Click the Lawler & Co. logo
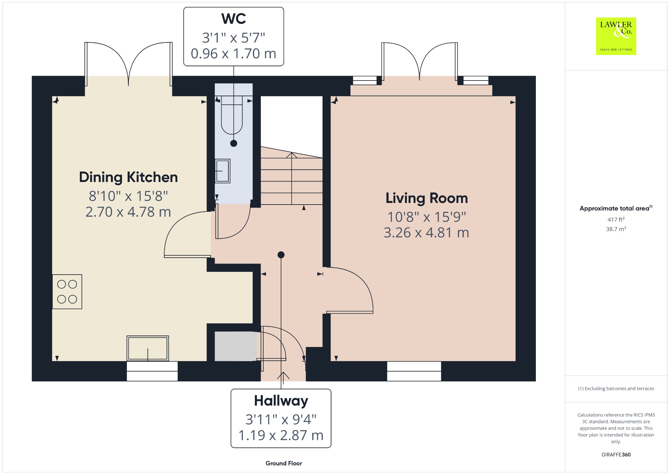616,36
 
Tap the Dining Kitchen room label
128,177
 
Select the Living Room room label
427,198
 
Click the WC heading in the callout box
234,19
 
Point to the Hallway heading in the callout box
281,401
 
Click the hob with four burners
67,292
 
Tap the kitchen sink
148,348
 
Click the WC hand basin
222,171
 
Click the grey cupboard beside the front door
236,346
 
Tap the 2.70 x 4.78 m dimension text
128,212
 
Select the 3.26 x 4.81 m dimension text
427,233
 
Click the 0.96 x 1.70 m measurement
234,54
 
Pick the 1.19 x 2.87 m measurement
281,435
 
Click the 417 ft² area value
616,219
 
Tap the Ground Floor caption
284,463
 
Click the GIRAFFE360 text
616,455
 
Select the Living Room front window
414,371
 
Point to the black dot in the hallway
281,255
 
